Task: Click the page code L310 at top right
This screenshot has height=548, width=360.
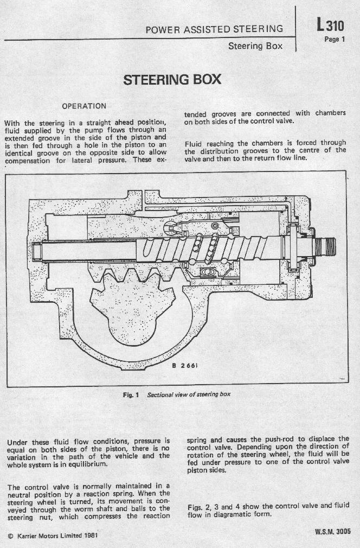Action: point(330,26)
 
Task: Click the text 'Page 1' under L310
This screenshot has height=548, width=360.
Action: point(335,39)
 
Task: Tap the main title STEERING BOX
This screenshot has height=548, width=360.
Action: point(172,80)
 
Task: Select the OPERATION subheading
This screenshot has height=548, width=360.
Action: point(84,106)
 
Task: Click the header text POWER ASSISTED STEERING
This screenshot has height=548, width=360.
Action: point(214,29)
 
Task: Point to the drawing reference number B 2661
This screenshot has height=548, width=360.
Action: point(185,366)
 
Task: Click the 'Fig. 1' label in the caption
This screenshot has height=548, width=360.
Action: point(131,395)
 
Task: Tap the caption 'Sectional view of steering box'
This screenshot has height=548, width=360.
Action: point(189,394)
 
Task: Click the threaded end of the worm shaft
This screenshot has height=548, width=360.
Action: point(325,247)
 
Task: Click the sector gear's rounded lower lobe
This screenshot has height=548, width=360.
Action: point(132,332)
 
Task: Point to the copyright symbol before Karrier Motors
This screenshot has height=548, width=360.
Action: point(10,536)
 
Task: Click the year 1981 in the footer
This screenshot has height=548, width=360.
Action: point(91,536)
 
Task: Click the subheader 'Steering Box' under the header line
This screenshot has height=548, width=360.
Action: point(255,46)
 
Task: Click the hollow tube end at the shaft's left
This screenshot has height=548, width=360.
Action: point(37,252)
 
